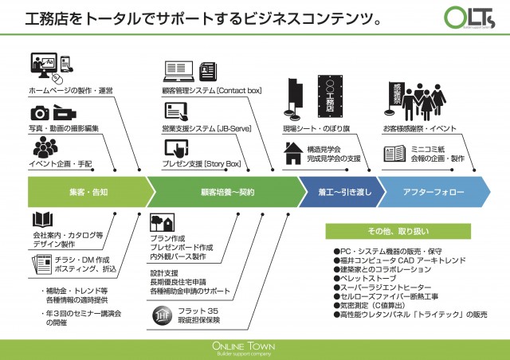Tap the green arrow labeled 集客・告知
[88, 192]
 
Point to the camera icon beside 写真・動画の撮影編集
[39, 114]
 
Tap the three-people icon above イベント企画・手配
[45, 147]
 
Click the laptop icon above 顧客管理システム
[178, 70]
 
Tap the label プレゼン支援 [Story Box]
[202, 163]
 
